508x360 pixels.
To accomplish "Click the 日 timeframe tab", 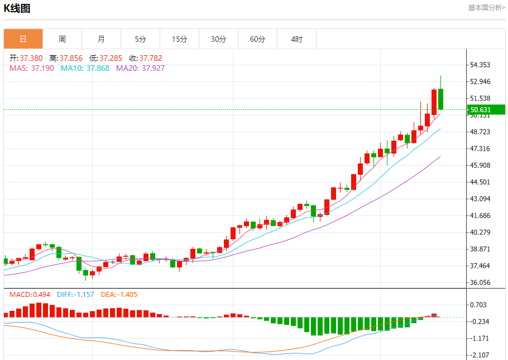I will pos(23,39).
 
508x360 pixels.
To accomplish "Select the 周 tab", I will pos(62,39).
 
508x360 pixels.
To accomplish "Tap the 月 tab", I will pos(101,39).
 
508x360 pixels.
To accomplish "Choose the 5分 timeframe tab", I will pos(140,39).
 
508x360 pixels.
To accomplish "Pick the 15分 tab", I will pos(179,39).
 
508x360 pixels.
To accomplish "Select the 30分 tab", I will pos(218,39).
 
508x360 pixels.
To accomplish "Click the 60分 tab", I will pos(257,39).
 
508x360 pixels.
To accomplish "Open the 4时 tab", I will pos(296,39).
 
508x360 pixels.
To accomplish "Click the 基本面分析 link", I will pos(486,8).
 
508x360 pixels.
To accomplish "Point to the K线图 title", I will pos(17,8).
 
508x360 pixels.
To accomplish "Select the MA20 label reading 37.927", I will pos(140,68).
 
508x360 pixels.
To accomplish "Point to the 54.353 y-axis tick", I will pos(480,65).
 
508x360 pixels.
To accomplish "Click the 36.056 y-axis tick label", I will pos(480,282).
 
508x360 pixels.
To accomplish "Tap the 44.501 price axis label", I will pos(480,182).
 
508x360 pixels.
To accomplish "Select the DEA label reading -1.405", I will pos(119,294).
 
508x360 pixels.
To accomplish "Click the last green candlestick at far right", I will pos(441,99).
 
